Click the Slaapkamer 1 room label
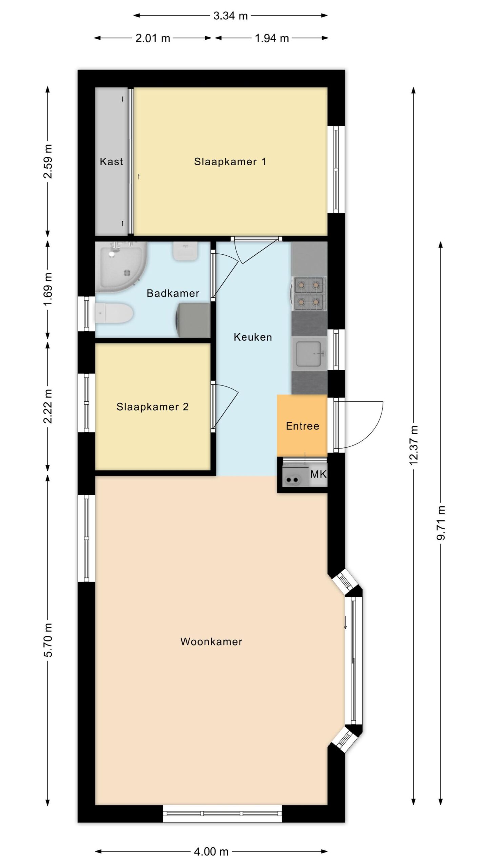point(230,162)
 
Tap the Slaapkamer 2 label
point(152,406)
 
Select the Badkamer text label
point(173,293)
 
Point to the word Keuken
point(253,337)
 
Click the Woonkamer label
point(211,641)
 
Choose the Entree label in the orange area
point(303,426)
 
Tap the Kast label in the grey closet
point(111,162)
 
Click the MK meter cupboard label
point(318,474)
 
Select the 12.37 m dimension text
point(413,445)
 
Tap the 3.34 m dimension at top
point(230,16)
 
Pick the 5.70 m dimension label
point(48,640)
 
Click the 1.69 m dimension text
point(48,289)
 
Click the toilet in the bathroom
point(114,313)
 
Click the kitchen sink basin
point(309,353)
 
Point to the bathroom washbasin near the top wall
point(185,251)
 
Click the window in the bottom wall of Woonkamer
point(222,813)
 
